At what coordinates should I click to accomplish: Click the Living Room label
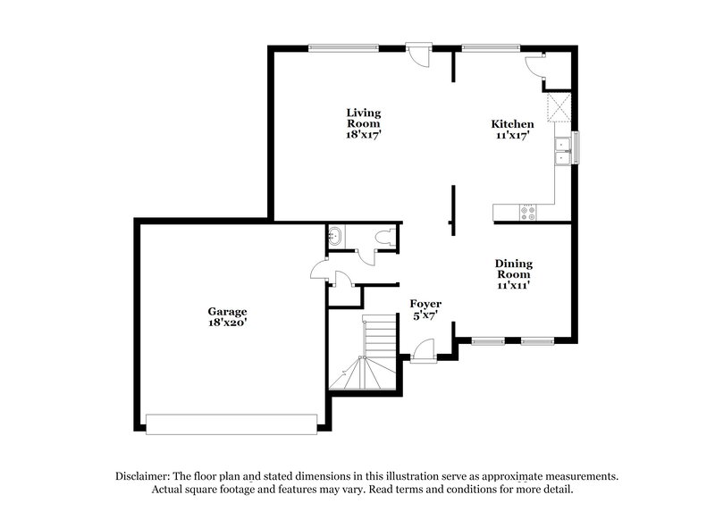click(364, 118)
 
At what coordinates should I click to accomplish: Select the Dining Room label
click(514, 269)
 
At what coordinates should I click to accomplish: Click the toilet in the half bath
click(386, 239)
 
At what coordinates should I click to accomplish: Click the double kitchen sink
click(563, 150)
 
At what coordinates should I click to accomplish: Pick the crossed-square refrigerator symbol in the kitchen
click(558, 109)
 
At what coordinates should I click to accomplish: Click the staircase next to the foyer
click(364, 353)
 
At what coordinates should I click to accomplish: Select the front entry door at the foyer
click(424, 350)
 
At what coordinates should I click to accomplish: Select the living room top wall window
click(343, 47)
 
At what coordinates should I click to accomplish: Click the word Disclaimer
click(143, 476)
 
